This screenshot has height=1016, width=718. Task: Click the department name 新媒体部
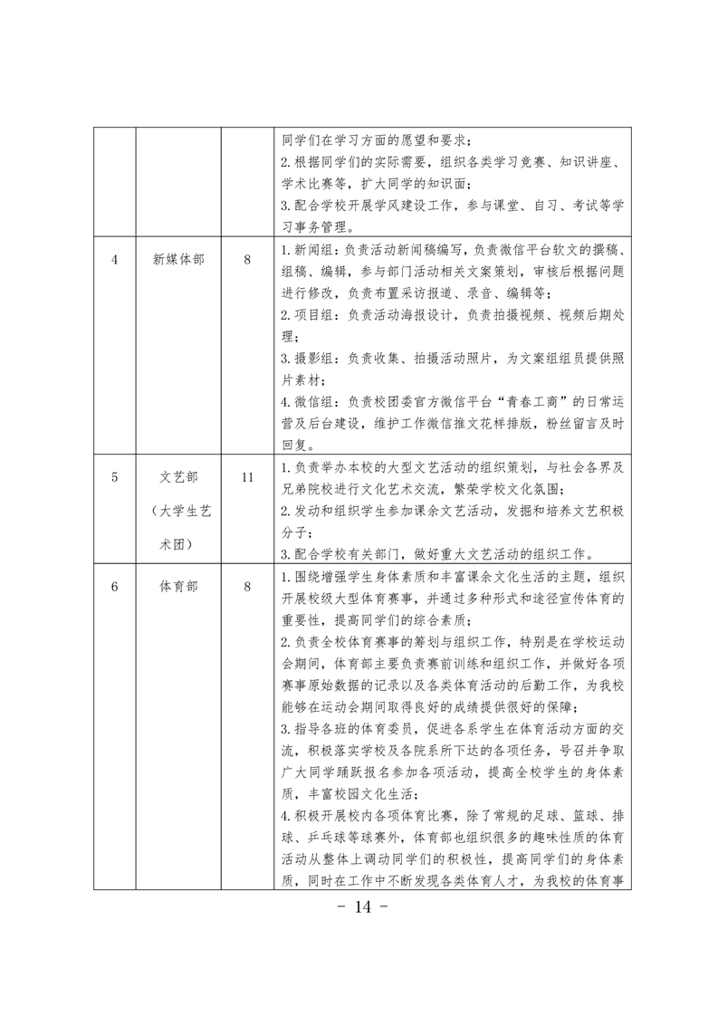pyautogui.click(x=178, y=259)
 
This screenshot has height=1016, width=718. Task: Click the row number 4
pyautogui.click(x=115, y=259)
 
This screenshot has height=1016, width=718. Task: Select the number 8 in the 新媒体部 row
pyautogui.click(x=247, y=259)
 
